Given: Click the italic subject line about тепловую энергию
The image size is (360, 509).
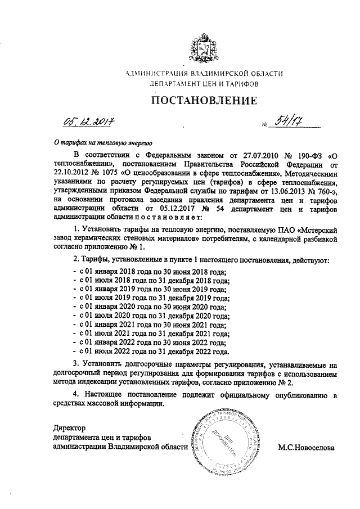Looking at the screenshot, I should (98, 142).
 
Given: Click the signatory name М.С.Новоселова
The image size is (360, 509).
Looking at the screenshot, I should (305, 448).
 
